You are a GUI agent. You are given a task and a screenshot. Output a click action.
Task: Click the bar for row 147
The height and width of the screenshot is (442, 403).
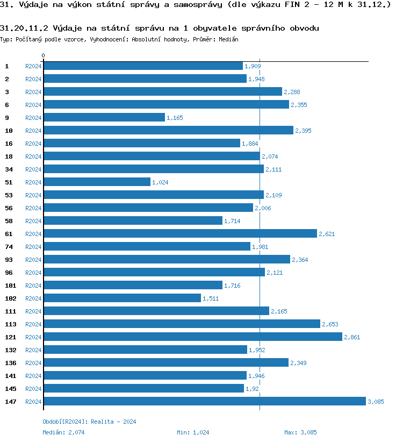[x=204, y=401]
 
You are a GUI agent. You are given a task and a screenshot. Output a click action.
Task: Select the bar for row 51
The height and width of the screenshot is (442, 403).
[x=97, y=182]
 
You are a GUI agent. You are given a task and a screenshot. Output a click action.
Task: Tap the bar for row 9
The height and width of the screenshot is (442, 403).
[x=104, y=117]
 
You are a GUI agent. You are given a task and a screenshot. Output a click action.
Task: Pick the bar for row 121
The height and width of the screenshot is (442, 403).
[x=192, y=337]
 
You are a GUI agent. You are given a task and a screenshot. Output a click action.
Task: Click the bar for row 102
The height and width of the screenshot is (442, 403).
[x=122, y=298]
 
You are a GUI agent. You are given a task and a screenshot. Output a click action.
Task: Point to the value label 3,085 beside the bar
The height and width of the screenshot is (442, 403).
[x=376, y=402]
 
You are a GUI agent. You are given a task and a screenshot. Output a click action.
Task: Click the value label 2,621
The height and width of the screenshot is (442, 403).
[x=327, y=234]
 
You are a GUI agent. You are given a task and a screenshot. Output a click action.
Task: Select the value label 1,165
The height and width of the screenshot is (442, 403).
[x=175, y=118]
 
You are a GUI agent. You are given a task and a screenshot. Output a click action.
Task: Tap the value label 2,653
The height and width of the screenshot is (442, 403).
[x=330, y=324]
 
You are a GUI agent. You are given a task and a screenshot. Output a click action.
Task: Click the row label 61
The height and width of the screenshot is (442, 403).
[x=9, y=234]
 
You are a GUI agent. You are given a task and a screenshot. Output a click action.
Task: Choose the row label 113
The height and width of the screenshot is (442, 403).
[x=11, y=324]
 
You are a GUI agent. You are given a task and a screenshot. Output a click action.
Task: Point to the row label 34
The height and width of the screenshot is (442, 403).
[x=9, y=169]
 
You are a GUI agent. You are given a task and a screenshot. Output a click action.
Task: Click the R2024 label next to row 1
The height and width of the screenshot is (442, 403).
[x=33, y=66]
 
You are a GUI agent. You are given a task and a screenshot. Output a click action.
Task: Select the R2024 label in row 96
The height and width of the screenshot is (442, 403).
[x=33, y=273]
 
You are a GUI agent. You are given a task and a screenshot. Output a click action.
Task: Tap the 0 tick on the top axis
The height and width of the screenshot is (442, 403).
[x=44, y=55]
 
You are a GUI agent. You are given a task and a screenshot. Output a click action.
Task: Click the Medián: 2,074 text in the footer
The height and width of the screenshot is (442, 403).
[x=61, y=432]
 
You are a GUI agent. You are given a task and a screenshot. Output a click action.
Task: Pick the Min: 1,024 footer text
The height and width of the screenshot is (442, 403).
[x=193, y=432]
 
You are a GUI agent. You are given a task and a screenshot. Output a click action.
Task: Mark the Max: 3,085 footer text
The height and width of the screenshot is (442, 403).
[x=300, y=432]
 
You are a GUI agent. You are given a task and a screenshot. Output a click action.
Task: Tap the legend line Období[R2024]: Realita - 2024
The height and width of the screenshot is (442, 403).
[x=89, y=422]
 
